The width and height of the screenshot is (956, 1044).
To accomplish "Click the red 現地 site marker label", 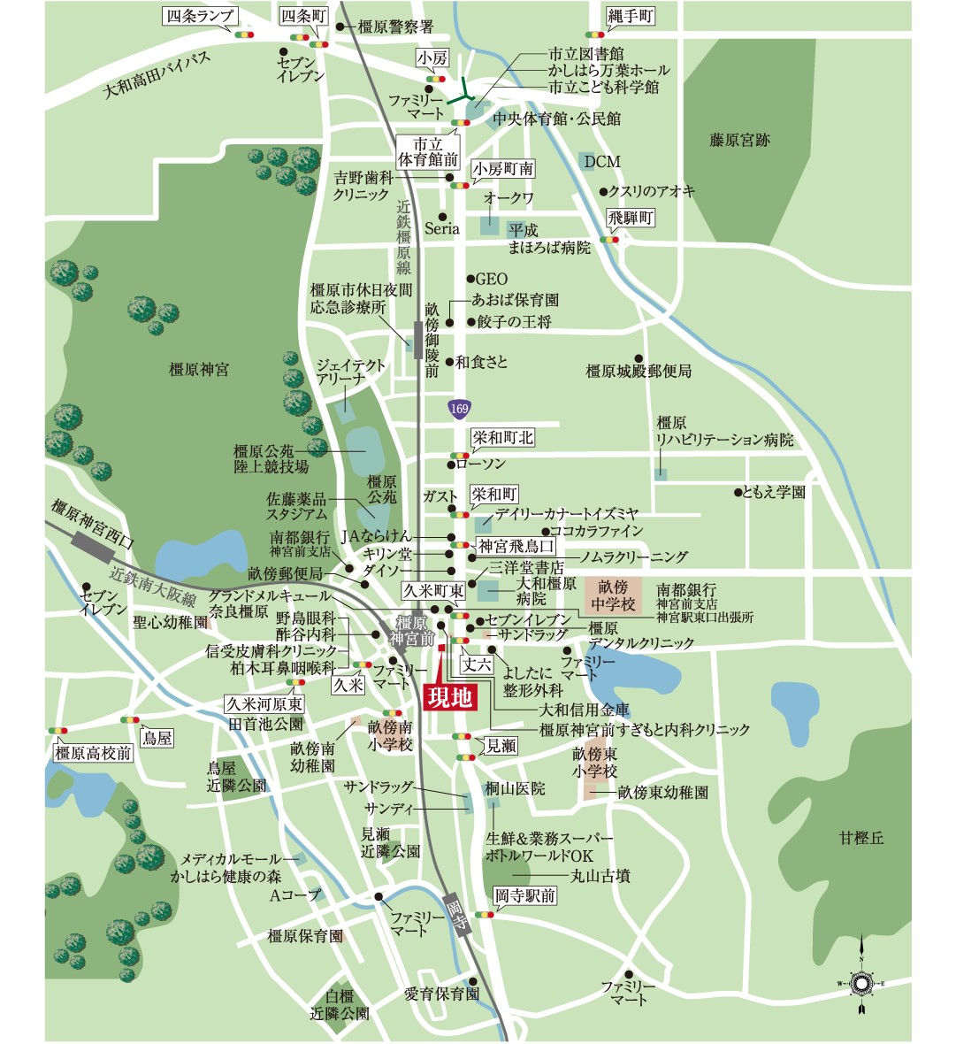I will coord(450,697).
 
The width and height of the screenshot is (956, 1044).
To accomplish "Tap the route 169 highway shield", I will coord(459,409).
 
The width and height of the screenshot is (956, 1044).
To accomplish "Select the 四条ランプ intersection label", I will coord(199,16).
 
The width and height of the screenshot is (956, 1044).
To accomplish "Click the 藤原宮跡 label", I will coord(739,140).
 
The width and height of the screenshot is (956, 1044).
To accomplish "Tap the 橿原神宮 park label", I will coord(198,370).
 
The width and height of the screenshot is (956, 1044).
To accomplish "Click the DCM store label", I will coord(601,162).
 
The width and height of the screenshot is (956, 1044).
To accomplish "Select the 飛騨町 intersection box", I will coord(631,218).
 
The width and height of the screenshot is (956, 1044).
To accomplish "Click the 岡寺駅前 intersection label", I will coord(525,896).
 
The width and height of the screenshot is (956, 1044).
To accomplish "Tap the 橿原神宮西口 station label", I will coord(93,524).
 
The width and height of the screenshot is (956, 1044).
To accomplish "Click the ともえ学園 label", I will coord(774,492).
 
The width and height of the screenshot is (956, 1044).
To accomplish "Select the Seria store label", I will coord(442,228).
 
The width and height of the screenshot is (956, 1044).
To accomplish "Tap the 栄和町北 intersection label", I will coord(502,438).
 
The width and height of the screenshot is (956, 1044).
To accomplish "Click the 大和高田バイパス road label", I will coord(156,75).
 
